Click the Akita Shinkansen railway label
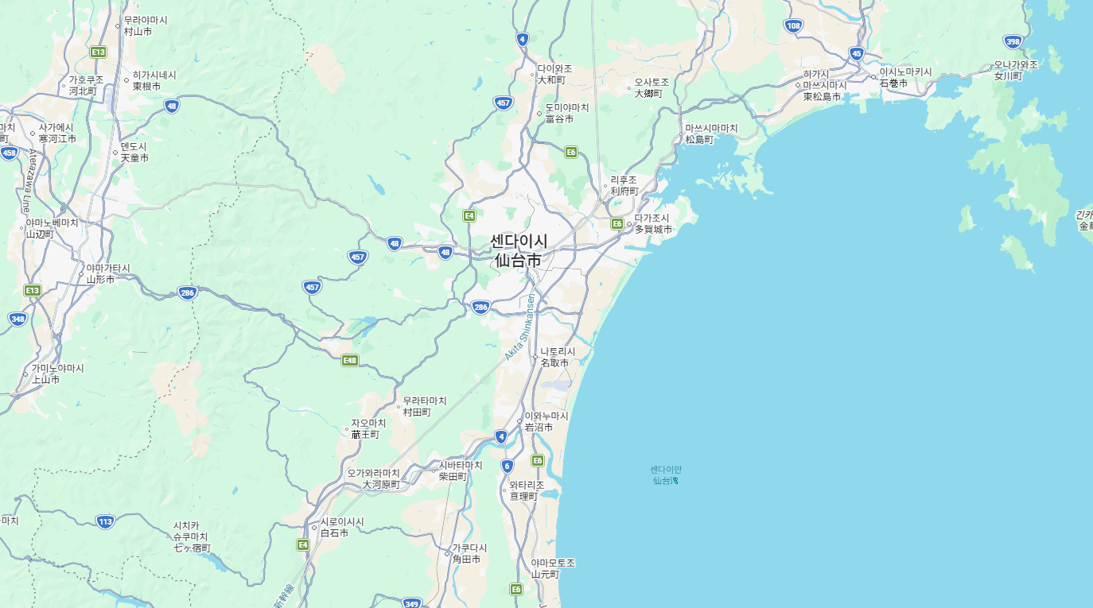(520, 327)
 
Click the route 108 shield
(793, 25)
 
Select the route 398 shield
(1013, 41)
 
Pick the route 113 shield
(105, 521)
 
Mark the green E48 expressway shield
(349, 360)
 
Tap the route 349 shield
(411, 603)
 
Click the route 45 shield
(856, 53)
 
